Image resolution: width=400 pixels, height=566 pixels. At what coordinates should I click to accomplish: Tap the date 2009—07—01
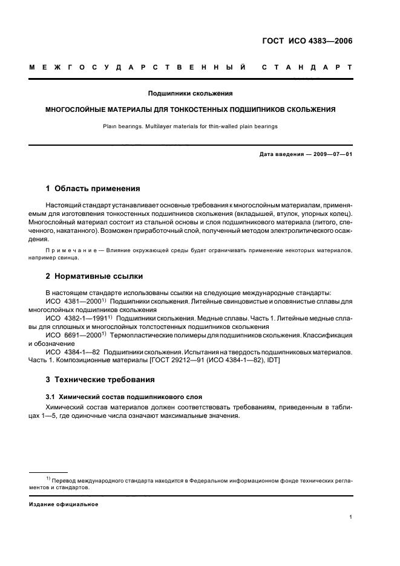click(330, 154)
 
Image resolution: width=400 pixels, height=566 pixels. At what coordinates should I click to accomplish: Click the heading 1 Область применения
click(93, 188)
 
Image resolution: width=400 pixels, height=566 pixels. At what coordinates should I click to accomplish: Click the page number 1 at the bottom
click(351, 517)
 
